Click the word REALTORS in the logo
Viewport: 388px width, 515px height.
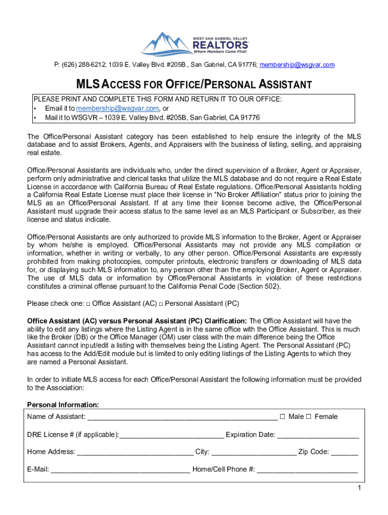[220, 45]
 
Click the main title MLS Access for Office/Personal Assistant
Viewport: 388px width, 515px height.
[193, 84]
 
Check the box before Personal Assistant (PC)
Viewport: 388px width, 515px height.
[161, 304]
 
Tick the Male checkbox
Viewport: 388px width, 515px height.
[283, 416]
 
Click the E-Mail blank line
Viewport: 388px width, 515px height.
[120, 470]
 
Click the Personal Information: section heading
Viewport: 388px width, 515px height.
[63, 405]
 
